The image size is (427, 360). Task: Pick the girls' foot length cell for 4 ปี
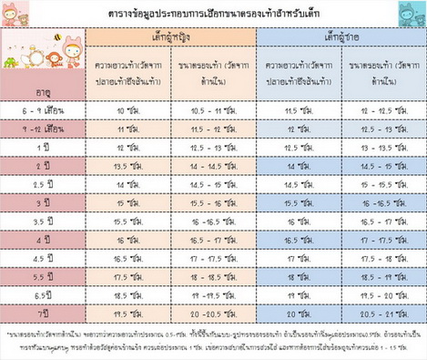pyautogui.click(x=129, y=239)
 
